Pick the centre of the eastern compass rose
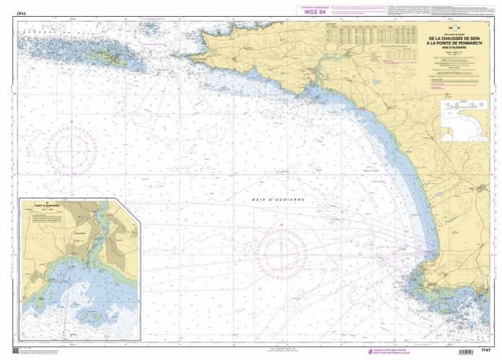click(x=282, y=246)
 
